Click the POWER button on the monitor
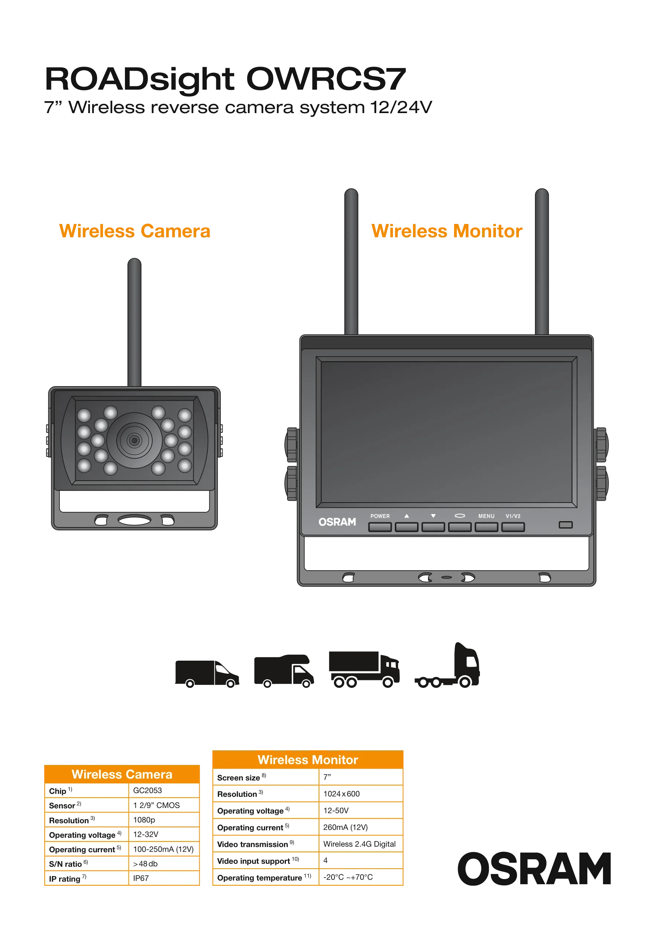pyautogui.click(x=380, y=527)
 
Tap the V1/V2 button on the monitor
pyautogui.click(x=513, y=527)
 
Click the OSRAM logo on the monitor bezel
pyautogui.click(x=337, y=522)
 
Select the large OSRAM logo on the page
pyautogui.click(x=534, y=868)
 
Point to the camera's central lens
pyautogui.click(x=134, y=440)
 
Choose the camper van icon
pyautogui.click(x=284, y=671)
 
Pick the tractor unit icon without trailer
pyautogui.click(x=448, y=666)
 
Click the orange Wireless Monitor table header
pyautogui.click(x=308, y=760)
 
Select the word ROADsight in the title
pyautogui.click(x=140, y=78)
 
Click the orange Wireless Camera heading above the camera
pyautogui.click(x=135, y=231)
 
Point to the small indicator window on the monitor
pyautogui.click(x=565, y=525)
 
